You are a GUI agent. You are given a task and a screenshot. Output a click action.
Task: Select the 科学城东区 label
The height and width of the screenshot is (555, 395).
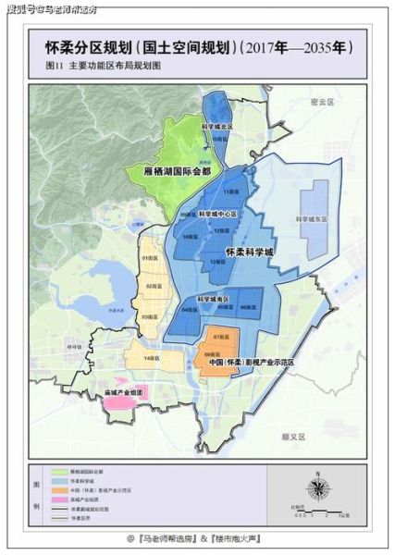pos(306,221)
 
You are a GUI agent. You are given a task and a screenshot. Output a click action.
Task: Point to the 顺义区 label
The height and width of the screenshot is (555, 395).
pos(294,432)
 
